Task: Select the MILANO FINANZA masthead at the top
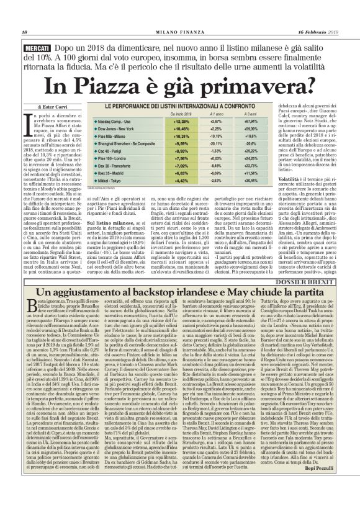180,32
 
